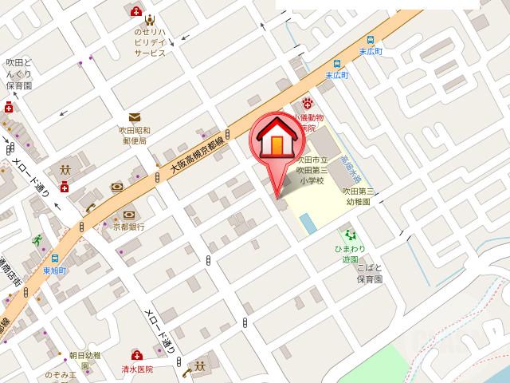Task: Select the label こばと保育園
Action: point(369,275)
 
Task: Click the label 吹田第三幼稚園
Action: point(359,196)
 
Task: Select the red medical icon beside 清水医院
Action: point(136,355)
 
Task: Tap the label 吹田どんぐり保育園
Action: point(17,73)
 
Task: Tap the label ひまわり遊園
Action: point(348,255)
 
